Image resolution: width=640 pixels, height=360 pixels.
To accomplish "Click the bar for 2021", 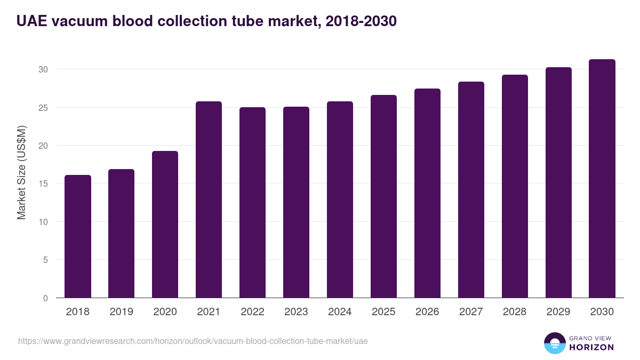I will [x=209, y=199].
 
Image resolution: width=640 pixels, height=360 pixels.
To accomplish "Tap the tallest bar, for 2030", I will [x=602, y=179].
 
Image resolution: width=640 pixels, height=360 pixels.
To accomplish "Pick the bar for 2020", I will [x=165, y=225].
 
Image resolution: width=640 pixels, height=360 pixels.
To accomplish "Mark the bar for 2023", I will [x=296, y=202].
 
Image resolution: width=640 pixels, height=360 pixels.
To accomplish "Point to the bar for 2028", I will [x=515, y=186].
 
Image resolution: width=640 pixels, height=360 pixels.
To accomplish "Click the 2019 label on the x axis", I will [x=121, y=312].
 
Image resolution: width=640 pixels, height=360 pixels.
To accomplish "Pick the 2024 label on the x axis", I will [x=340, y=312].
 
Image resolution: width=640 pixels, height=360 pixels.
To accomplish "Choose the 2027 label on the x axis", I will [x=471, y=312].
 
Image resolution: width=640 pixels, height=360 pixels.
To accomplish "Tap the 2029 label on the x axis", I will [x=558, y=312].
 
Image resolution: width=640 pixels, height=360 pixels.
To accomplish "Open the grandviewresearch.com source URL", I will [x=193, y=341].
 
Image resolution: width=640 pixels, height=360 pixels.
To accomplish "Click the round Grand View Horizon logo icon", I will [x=554, y=343].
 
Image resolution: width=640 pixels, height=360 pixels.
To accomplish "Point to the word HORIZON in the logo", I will [x=591, y=347].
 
